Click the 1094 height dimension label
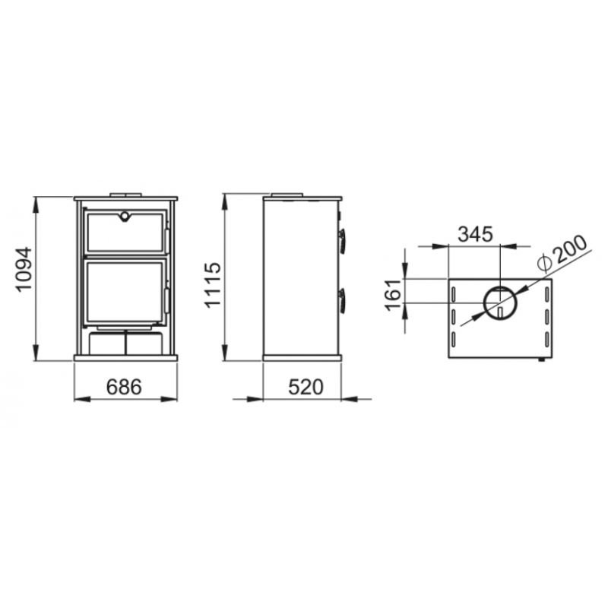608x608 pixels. [24, 269]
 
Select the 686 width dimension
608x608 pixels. [124, 387]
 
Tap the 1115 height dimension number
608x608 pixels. [213, 285]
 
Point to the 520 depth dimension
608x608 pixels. [306, 387]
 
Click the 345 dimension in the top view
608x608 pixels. [476, 234]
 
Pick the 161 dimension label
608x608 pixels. [393, 295]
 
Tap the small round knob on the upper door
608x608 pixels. [125, 217]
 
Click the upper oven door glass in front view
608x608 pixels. [125, 233]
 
